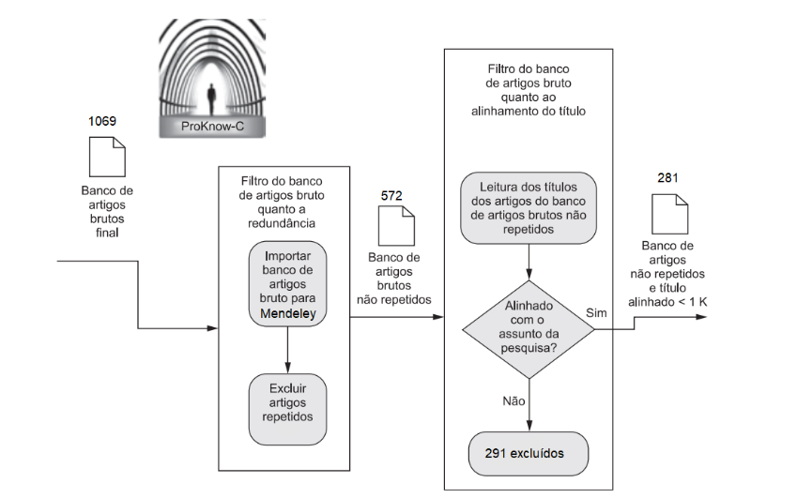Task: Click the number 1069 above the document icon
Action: tap(102, 122)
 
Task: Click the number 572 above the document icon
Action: tap(391, 195)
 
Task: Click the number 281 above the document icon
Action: tap(667, 178)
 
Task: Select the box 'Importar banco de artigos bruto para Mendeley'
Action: tap(286, 284)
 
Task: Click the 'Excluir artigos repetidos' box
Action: tap(286, 401)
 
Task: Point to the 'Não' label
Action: tap(513, 400)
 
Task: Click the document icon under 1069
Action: tap(106, 156)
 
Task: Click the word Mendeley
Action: tap(285, 313)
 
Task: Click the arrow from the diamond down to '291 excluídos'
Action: tap(529, 404)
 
